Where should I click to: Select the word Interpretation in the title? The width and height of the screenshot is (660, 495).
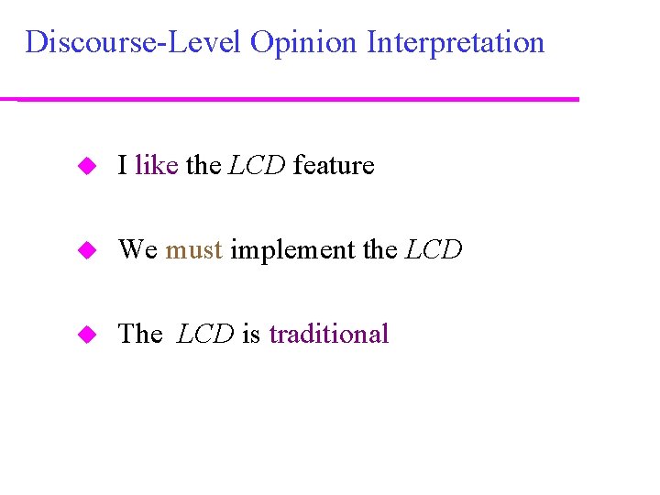(456, 42)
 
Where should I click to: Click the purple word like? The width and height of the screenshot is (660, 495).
(156, 166)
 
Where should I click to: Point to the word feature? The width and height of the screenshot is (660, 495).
(334, 166)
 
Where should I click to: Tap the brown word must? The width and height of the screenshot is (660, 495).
(193, 249)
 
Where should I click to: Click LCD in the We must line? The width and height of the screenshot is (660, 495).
(434, 249)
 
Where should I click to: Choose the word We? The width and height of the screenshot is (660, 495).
(137, 249)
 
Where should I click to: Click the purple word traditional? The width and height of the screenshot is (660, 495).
(329, 334)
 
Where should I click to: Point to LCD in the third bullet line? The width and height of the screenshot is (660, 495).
(205, 334)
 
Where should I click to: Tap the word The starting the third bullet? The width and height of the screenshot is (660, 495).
(139, 334)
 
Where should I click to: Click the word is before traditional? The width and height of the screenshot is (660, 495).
(251, 334)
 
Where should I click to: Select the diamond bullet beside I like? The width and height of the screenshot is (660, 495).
(87, 166)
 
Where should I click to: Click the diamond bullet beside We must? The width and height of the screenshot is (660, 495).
(87, 250)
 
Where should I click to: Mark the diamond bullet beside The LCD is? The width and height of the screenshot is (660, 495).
(87, 335)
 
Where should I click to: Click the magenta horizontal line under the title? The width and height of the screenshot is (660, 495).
(298, 99)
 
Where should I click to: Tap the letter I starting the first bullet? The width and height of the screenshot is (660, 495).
(122, 166)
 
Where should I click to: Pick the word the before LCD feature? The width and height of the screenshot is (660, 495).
(203, 166)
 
